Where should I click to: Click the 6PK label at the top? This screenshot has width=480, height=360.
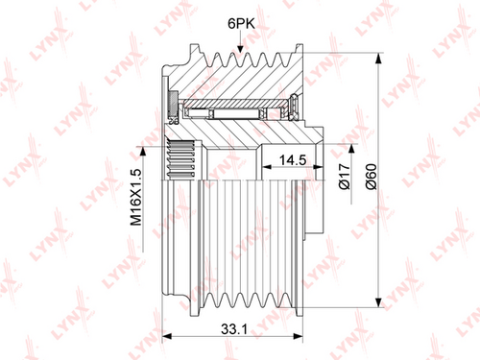pos(241,24)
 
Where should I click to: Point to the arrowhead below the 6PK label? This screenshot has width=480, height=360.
pos(240,49)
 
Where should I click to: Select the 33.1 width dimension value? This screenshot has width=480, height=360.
pos(234,328)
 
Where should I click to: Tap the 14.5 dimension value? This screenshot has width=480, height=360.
pos(293,160)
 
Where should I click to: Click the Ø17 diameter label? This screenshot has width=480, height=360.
pos(345,177)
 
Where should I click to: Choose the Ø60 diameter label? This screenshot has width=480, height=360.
pos(372,177)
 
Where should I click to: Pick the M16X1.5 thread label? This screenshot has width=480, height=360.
pos(135,198)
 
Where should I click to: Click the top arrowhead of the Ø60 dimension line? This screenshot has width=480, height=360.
pos(378,59)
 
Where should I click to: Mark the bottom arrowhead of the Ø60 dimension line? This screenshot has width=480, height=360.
pos(378,301)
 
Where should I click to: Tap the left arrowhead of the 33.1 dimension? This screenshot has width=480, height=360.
pos(168,336)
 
